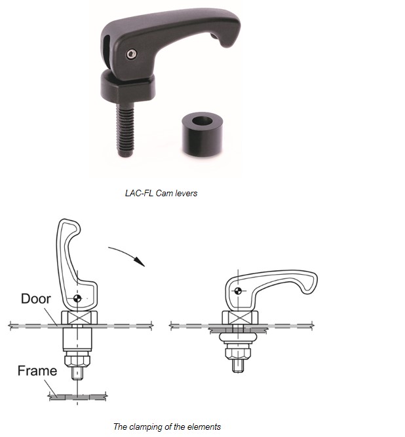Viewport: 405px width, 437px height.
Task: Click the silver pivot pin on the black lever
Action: (132, 54)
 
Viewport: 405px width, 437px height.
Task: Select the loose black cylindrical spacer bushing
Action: (202, 134)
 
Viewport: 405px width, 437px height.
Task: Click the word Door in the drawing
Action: (36, 299)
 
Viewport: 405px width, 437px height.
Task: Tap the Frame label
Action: (37, 371)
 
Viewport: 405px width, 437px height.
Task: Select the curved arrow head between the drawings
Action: (140, 262)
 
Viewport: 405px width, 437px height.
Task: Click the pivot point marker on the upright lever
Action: (77, 298)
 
